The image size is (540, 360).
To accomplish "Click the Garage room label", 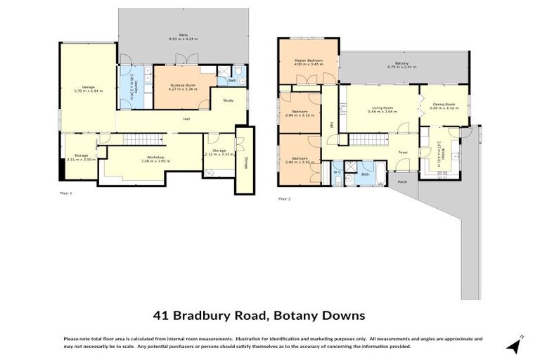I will point(88,87).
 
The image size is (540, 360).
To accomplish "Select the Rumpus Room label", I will point(182,84).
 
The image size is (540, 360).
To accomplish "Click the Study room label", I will point(229,101).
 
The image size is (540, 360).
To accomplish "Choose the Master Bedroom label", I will point(309,60).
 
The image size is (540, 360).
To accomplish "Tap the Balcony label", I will point(401,64).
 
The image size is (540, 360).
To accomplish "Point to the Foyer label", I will point(403,152).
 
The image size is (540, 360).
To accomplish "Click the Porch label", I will point(403,181).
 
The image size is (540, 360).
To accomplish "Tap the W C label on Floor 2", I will point(337,172).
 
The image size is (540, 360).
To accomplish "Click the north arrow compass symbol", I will point(516,345).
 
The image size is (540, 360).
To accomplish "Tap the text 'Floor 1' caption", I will point(65,192).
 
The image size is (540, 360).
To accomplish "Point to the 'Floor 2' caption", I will point(284,199).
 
